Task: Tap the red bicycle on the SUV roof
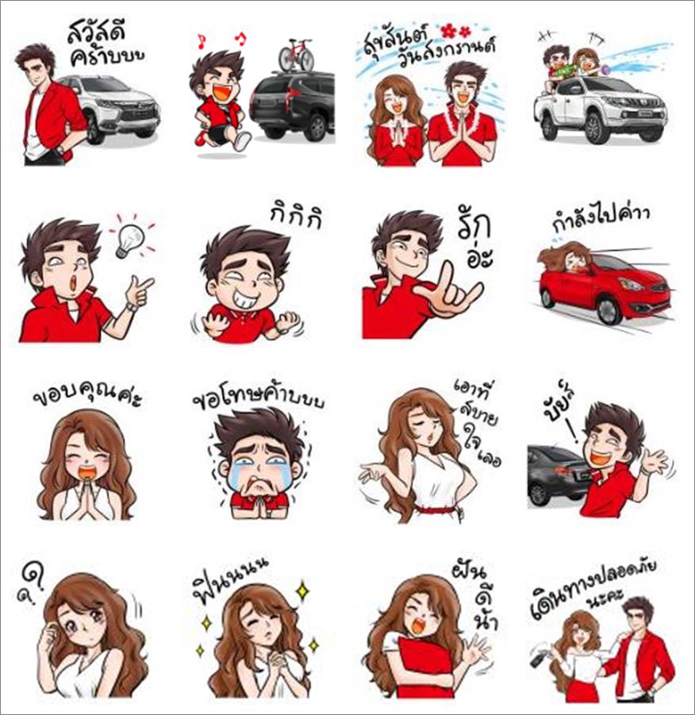point(295,56)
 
